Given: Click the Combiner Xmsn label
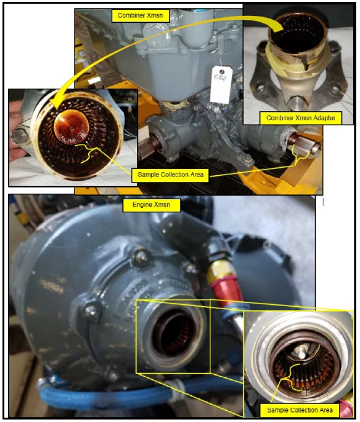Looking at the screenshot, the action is coord(140,16).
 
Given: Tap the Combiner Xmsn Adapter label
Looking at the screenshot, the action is coord(301,118).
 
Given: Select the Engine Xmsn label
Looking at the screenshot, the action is coord(151,205).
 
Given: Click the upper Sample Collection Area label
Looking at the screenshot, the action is coord(171,174).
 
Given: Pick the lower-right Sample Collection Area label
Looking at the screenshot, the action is coord(300,410).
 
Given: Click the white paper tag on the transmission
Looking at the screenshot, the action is coord(221,85).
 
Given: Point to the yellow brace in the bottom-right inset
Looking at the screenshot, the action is coord(291,377).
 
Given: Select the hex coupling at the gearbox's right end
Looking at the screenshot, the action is coord(304,144).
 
